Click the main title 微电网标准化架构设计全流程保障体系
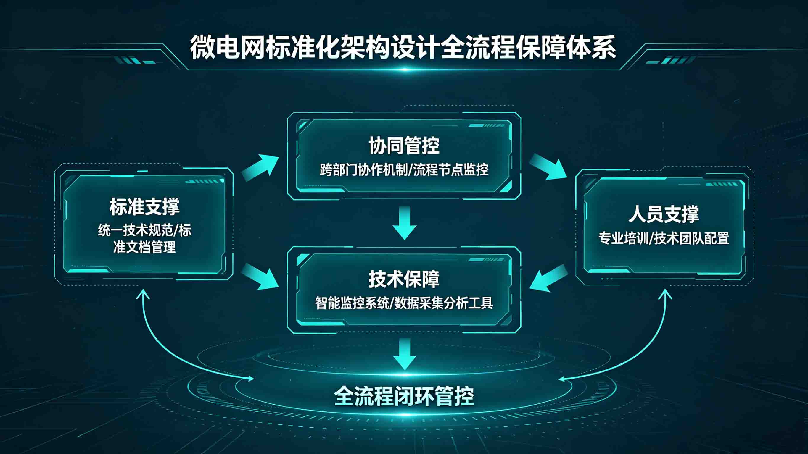pyautogui.click(x=403, y=48)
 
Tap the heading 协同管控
pyautogui.click(x=404, y=146)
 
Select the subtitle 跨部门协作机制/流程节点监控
pyautogui.click(x=404, y=170)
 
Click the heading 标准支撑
pyautogui.click(x=144, y=207)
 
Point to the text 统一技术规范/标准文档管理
pyautogui.click(x=144, y=239)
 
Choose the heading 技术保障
pyautogui.click(x=404, y=279)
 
